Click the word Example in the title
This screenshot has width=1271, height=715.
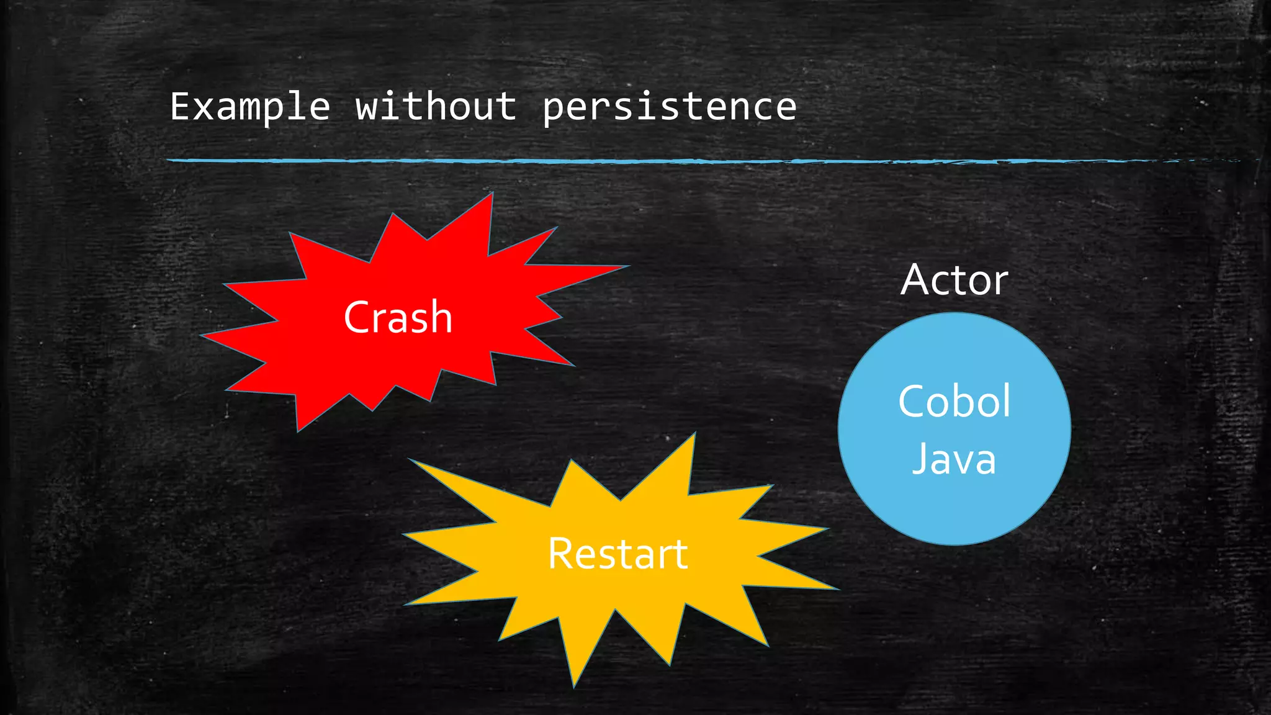pos(249,107)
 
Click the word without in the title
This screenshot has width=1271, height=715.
pos(436,107)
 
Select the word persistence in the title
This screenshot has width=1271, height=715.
pos(669,107)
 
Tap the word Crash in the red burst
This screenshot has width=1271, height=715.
pos(398,317)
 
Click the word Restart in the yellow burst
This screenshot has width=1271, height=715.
pos(618,554)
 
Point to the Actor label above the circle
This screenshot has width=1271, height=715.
pos(954,280)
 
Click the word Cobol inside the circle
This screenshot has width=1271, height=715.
pos(954,401)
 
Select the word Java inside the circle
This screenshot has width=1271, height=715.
pos(954,459)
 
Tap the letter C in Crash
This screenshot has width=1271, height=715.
pos(356,317)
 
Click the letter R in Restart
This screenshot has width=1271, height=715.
pos(560,554)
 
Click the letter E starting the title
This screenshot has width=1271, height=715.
pos(180,107)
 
